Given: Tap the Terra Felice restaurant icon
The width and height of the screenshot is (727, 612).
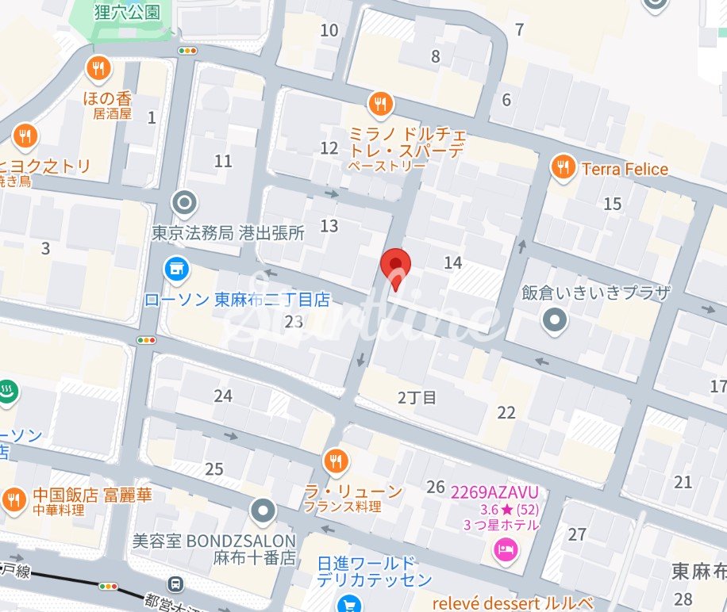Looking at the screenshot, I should [x=563, y=167].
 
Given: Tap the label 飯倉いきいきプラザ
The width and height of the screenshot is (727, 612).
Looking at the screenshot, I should [x=596, y=292].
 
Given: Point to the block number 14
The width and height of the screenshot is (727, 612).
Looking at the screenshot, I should [x=453, y=262].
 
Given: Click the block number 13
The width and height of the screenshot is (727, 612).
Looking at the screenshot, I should [x=329, y=226].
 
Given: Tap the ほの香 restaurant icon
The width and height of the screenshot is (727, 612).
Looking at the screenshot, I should [x=98, y=68].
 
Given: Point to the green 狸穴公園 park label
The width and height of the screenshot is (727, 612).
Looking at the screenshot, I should [x=127, y=12].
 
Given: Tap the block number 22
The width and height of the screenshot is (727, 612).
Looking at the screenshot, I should [x=506, y=412].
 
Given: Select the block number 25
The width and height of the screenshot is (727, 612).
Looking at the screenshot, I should [x=214, y=469].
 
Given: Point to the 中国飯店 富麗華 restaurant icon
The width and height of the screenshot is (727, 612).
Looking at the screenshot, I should [x=13, y=499].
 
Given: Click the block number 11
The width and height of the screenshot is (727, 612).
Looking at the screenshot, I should [x=224, y=161].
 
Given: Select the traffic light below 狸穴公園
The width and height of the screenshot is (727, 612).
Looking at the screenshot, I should [x=188, y=51].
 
